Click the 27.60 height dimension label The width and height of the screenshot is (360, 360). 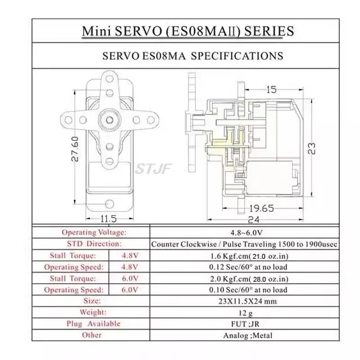[75, 149]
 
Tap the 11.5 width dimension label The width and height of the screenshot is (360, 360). [108, 219]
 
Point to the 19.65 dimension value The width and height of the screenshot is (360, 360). [261, 208]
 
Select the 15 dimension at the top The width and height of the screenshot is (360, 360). [271, 90]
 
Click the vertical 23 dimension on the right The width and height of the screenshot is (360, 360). [311, 148]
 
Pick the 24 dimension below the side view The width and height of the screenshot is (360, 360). [254, 220]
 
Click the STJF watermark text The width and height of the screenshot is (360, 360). [153, 169]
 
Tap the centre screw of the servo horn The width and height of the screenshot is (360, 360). [109, 120]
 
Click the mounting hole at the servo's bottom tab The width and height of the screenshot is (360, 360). [109, 204]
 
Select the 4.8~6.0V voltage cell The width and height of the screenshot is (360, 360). [246, 233]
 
